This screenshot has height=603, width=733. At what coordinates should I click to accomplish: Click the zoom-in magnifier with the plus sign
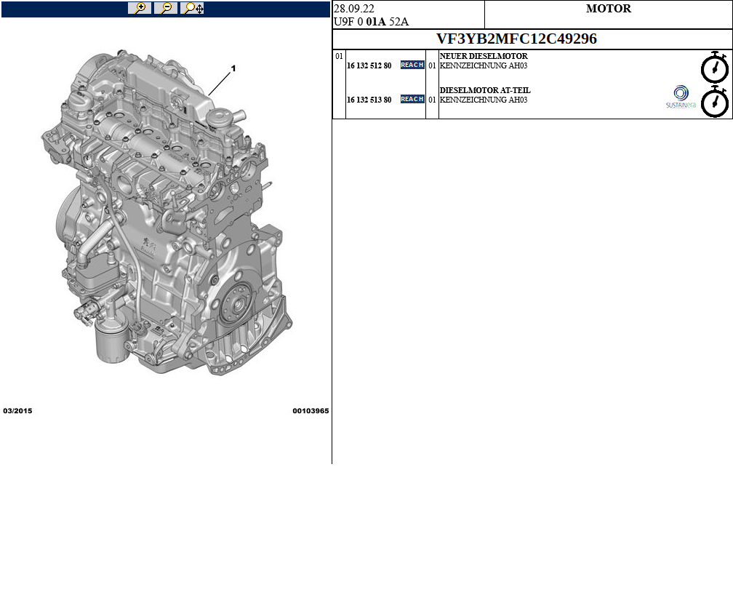click(x=140, y=8)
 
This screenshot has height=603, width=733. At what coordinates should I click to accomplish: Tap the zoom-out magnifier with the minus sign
click(x=166, y=8)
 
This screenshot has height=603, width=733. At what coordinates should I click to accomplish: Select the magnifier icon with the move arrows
click(x=193, y=8)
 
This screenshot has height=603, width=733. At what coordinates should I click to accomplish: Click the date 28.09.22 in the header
click(x=354, y=9)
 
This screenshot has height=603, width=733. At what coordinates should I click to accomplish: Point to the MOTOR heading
click(x=608, y=9)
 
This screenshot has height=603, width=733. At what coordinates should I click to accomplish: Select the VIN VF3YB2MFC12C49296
click(x=516, y=39)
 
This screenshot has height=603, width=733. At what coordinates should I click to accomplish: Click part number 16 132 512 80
click(x=369, y=66)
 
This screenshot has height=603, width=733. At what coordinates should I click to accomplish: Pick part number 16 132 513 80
click(x=369, y=100)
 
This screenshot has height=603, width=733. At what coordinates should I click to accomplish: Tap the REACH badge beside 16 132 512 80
click(x=412, y=65)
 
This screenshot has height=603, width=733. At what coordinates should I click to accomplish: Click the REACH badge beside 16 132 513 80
click(x=412, y=99)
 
